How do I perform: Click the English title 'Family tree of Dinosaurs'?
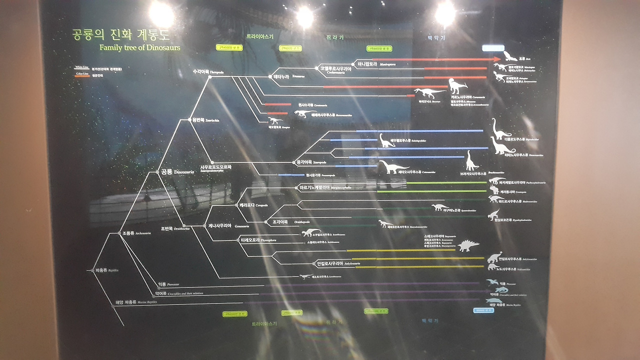pyautogui.click(x=139, y=47)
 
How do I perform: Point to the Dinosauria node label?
pyautogui.click(x=177, y=171)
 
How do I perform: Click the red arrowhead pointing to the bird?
pyautogui.click(x=497, y=59)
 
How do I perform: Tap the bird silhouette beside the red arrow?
pyautogui.click(x=509, y=55)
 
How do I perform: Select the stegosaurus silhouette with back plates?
pyautogui.click(x=468, y=245)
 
